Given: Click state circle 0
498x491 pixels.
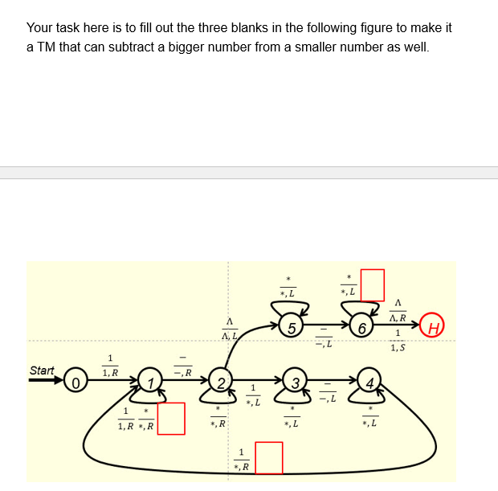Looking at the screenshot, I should point(75,379).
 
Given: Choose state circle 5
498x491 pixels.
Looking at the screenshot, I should point(293,327).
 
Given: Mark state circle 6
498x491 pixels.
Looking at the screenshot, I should point(362,327).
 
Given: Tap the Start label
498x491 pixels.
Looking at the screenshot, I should point(42,370).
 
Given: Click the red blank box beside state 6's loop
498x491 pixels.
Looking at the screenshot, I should point(372,284).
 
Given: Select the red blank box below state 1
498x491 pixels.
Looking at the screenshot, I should point(171,419).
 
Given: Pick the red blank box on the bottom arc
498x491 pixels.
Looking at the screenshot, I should point(269,458).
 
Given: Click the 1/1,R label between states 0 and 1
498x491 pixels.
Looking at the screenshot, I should point(110,366).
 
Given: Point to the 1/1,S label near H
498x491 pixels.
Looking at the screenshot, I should point(397,341).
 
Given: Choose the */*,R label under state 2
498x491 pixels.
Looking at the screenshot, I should point(217,415).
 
